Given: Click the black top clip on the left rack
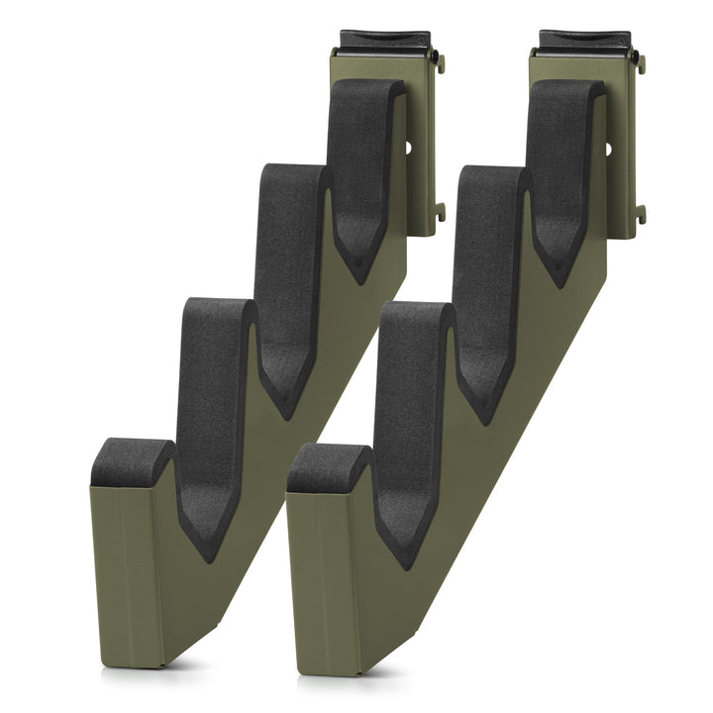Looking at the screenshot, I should [383, 41].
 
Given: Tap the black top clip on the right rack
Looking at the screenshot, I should [583, 41].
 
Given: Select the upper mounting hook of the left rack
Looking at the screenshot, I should [441, 63].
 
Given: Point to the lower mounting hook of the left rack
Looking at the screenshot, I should [440, 212].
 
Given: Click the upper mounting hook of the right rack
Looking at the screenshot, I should [640, 63].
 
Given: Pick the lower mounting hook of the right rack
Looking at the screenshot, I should [640, 213].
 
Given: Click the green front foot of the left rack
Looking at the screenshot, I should [129, 574].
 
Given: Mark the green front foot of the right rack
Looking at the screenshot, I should [327, 584].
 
